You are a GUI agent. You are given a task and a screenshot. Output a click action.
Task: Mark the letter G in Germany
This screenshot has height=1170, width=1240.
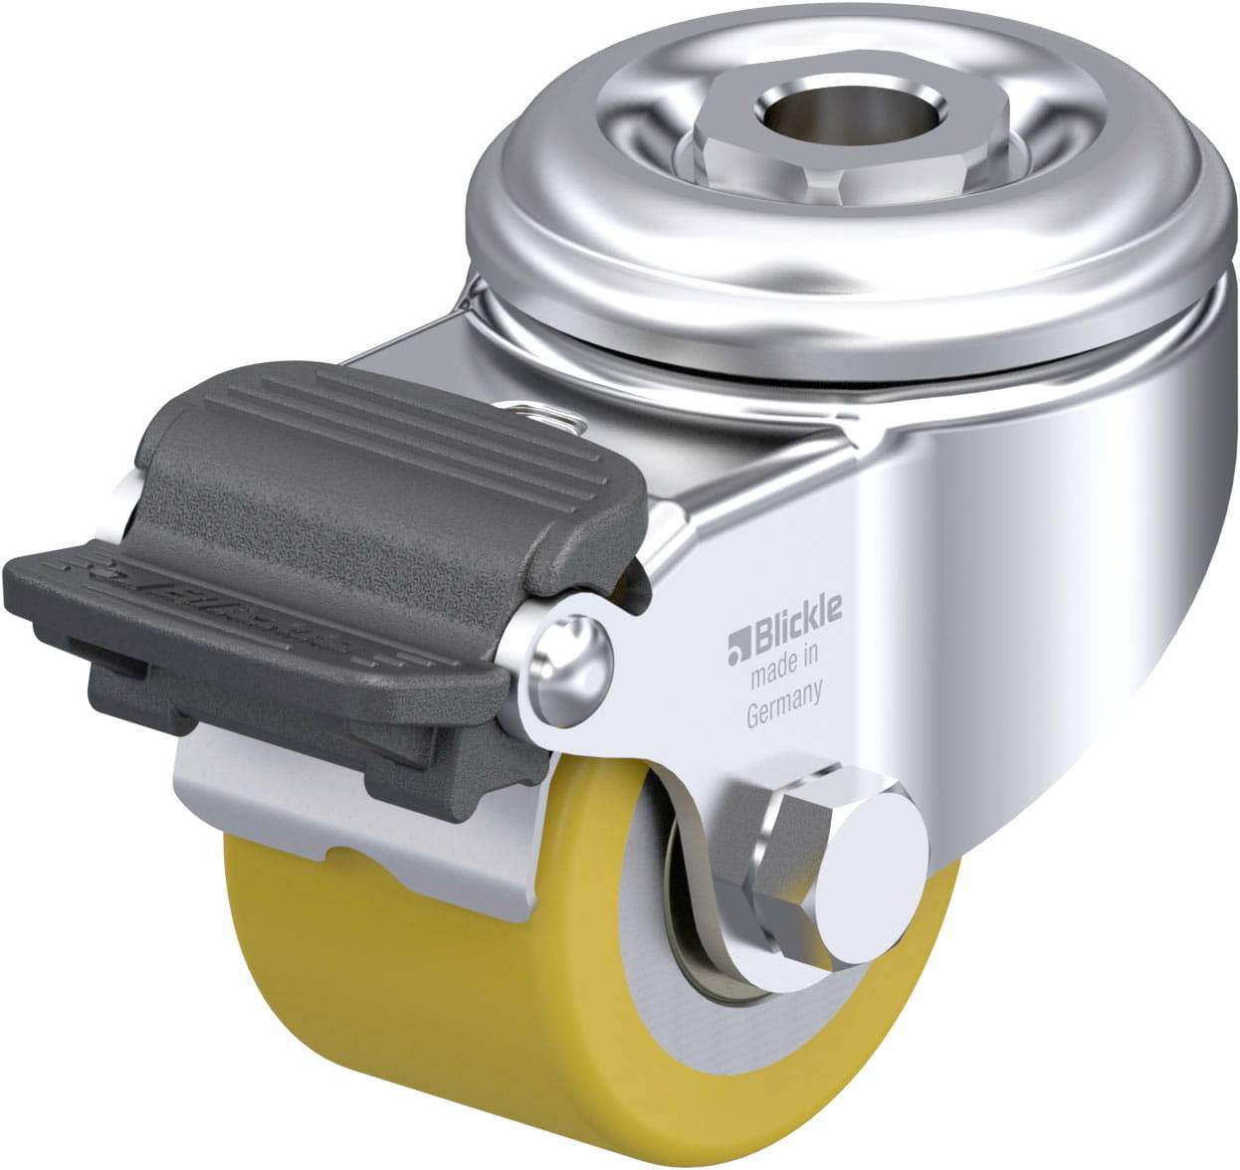point(753,714)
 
